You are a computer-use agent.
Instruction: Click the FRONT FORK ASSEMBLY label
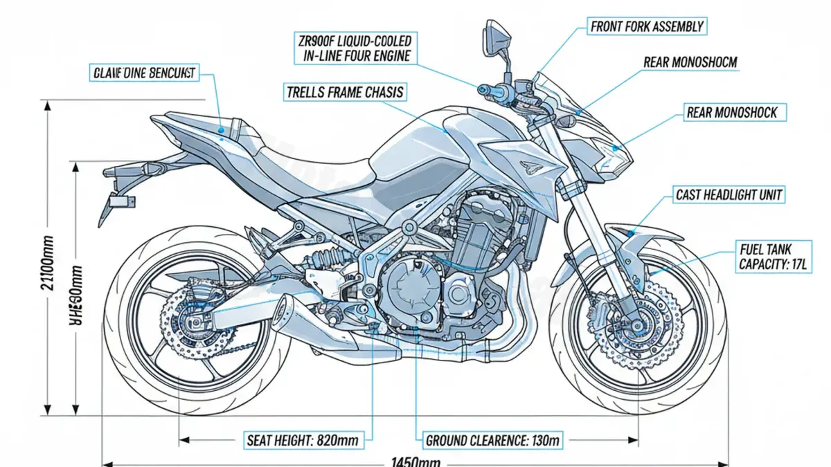tap(647, 27)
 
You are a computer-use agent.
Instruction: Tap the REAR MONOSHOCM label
tap(690, 62)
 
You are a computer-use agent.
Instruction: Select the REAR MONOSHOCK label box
tap(731, 112)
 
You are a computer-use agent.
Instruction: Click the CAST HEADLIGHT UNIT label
tap(729, 195)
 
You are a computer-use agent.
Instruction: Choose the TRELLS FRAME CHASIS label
tap(344, 91)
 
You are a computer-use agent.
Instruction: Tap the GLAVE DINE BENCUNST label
tap(143, 72)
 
